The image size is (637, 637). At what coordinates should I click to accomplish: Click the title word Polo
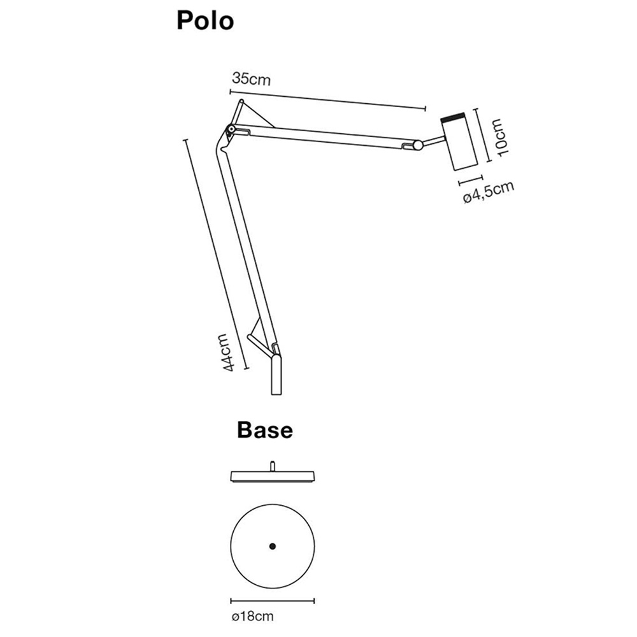point(205,21)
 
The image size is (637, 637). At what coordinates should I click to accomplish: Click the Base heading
point(265,429)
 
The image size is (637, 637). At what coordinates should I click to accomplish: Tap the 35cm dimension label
point(251,79)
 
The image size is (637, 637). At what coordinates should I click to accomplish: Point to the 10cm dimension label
point(499,138)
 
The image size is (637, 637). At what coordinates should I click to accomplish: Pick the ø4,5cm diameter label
point(489,192)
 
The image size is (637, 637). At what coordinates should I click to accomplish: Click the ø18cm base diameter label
point(253,627)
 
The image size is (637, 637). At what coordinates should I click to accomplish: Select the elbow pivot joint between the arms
point(231,129)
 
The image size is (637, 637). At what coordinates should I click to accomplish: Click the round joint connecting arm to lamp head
point(418,145)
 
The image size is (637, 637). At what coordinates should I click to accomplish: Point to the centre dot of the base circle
point(273,547)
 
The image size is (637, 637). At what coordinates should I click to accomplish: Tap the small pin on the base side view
point(273,466)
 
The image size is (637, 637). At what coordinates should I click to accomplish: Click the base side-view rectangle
point(273,476)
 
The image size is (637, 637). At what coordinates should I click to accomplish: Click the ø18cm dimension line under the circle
point(273,601)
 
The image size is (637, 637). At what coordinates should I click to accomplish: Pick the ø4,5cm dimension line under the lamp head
point(471,180)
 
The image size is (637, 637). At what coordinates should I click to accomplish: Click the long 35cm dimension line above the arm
point(328,99)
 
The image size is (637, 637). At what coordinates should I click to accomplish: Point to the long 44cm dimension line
point(216,254)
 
